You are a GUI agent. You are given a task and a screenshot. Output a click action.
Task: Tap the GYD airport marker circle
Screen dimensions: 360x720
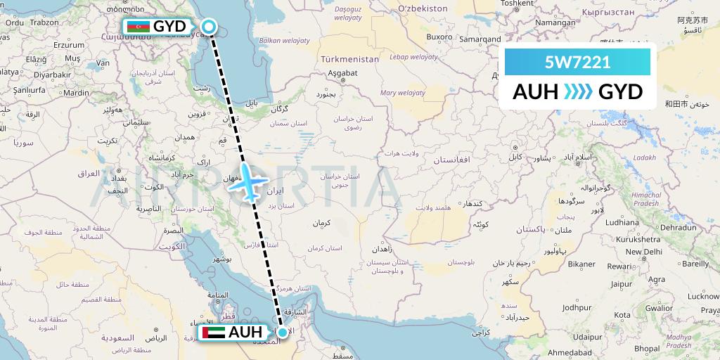tap(209, 27)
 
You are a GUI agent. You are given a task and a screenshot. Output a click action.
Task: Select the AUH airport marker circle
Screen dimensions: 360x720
tap(283, 333)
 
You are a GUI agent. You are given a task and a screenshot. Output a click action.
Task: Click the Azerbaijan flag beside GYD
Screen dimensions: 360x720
tap(138, 27)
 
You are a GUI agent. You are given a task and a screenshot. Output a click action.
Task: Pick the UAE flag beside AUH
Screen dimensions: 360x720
tap(212, 333)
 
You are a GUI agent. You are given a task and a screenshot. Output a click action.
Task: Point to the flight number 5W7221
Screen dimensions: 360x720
tap(577, 62)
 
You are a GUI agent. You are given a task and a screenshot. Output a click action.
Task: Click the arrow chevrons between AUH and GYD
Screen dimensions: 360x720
tap(578, 92)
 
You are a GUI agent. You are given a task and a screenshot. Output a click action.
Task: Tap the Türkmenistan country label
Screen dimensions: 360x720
tap(349, 59)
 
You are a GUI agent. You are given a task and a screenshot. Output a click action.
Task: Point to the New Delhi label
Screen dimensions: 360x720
tap(644, 251)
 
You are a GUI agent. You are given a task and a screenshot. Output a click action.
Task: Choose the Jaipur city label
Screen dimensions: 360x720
tap(622, 284)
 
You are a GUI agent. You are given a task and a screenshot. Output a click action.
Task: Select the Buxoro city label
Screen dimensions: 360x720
tap(439, 37)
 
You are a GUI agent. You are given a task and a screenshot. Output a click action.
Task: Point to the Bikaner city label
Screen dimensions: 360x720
tap(581, 264)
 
